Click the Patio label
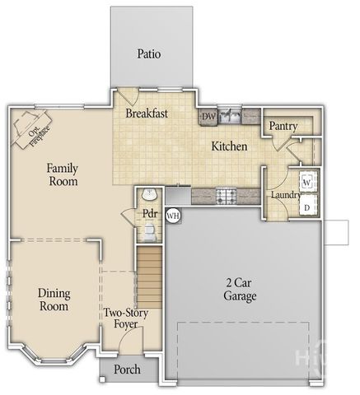pyautogui.click(x=148, y=54)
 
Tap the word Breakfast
pyautogui.click(x=147, y=114)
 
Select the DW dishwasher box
pyautogui.click(x=208, y=117)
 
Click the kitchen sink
pyautogui.click(x=230, y=115)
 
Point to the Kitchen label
pyautogui.click(x=229, y=146)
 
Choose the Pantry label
pyautogui.click(x=283, y=127)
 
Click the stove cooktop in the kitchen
pyautogui.click(x=226, y=195)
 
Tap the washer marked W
pyautogui.click(x=306, y=180)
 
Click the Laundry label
pyautogui.click(x=284, y=194)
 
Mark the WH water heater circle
pyautogui.click(x=173, y=215)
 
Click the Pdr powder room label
pyautogui.click(x=149, y=214)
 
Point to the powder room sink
pyautogui.click(x=149, y=195)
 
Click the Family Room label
pyautogui.click(x=63, y=174)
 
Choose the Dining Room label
pyautogui.click(x=54, y=300)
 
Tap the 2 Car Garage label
pyautogui.click(x=241, y=289)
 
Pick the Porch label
pyautogui.click(x=127, y=369)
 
